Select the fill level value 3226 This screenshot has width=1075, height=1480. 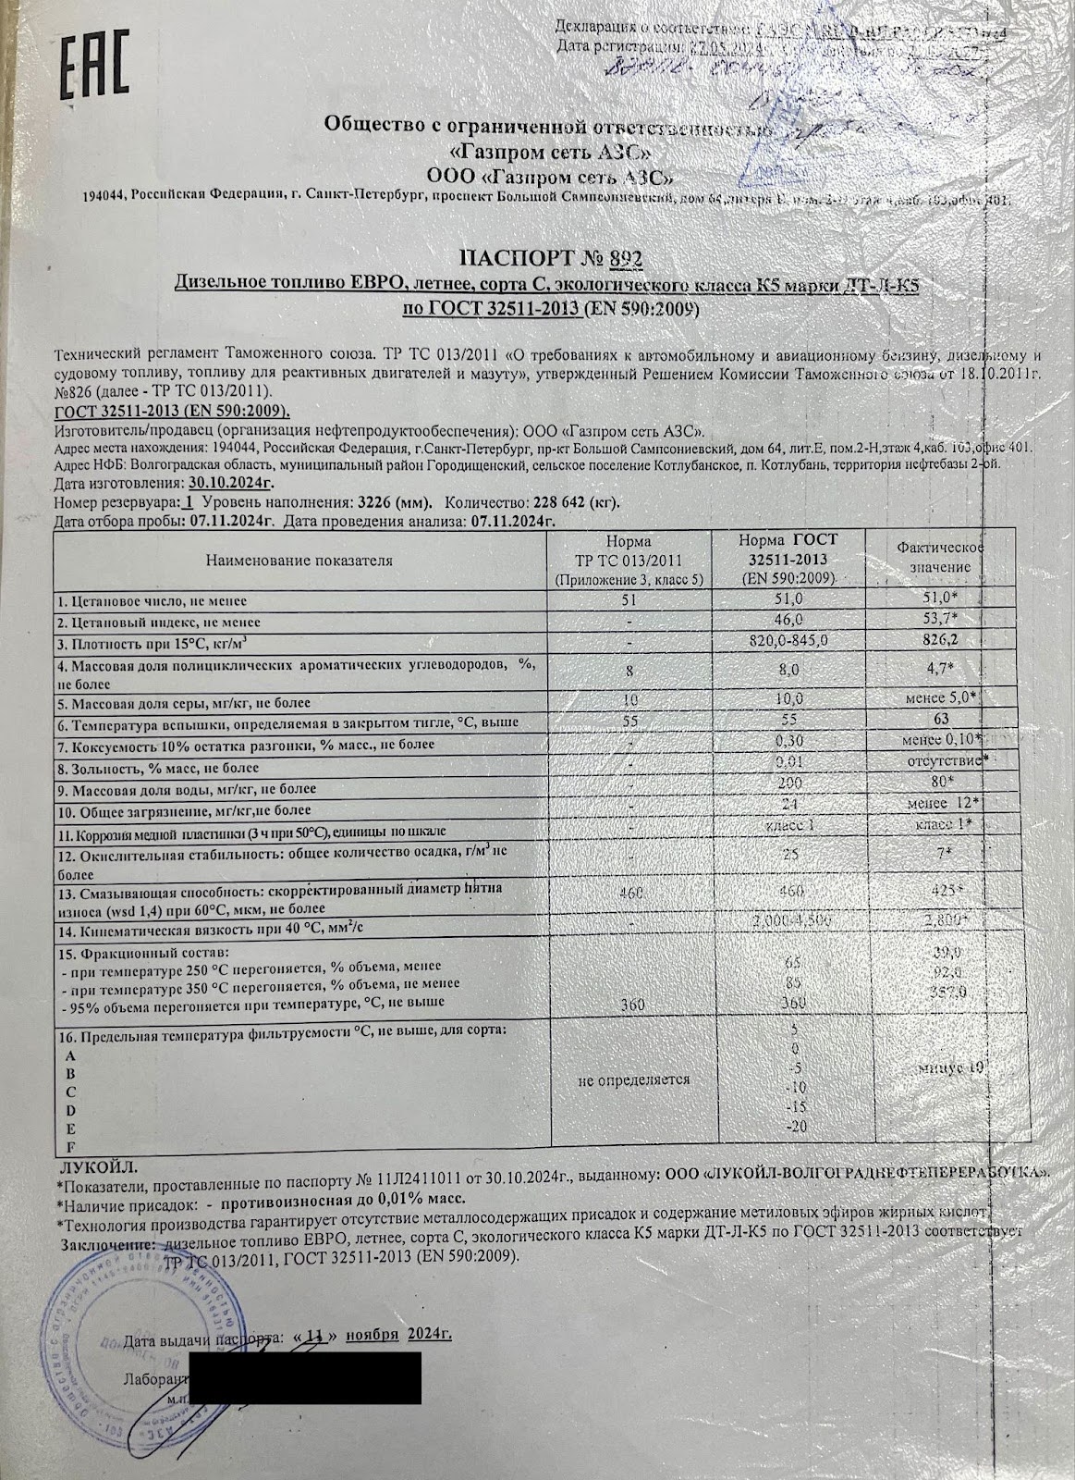(377, 503)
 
